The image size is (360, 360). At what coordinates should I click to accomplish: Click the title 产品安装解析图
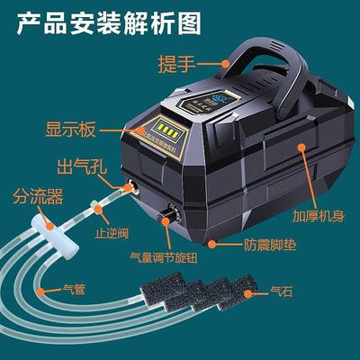click(112, 21)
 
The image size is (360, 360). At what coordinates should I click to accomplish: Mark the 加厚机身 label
click(319, 217)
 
